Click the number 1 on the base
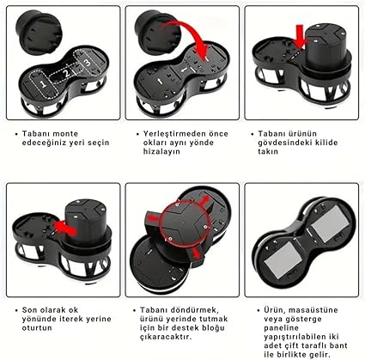click(x=43, y=84)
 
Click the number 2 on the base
click(x=67, y=72)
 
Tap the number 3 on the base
click(x=88, y=61)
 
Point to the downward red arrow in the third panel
click(x=300, y=35)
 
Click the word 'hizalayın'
click(x=161, y=151)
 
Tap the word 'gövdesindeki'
click(x=284, y=143)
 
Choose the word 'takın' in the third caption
click(x=268, y=151)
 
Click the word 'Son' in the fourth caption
click(x=29, y=310)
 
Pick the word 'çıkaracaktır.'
click(x=166, y=337)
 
